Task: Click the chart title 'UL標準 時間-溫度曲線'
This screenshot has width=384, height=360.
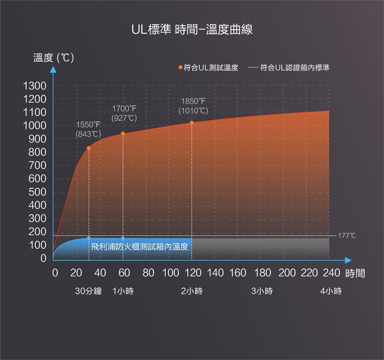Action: (x=192, y=30)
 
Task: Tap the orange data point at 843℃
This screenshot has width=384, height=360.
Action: (x=89, y=148)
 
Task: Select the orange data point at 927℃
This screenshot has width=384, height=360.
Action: (x=123, y=134)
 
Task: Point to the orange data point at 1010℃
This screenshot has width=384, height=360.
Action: (x=192, y=122)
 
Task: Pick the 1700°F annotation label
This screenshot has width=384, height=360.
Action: (x=124, y=108)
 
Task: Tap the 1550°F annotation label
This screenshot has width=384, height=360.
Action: (x=89, y=125)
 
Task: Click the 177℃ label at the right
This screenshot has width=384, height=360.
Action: (x=346, y=236)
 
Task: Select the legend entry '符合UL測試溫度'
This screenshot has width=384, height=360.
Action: (x=208, y=68)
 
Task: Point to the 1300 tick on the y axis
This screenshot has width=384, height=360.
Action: (x=36, y=85)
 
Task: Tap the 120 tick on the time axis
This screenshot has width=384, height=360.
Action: (x=193, y=273)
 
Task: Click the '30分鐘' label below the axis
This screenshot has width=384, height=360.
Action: (x=88, y=291)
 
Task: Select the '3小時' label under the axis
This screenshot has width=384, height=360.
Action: (x=262, y=291)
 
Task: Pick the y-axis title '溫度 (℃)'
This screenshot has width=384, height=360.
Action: (x=53, y=58)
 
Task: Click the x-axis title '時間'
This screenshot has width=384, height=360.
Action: (x=355, y=274)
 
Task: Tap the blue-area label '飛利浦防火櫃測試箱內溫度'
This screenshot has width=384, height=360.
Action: (x=139, y=246)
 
